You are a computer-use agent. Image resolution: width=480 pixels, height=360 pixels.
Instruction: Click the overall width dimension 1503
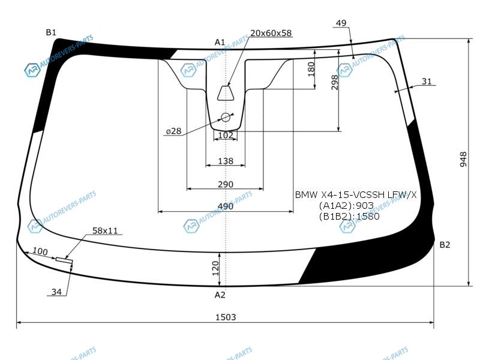tap(226, 317)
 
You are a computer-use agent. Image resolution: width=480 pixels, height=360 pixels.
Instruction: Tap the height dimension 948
tap(463, 159)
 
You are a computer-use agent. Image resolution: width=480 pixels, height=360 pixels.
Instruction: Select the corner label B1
tap(51, 32)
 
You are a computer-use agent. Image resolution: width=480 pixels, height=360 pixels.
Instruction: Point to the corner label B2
tap(445, 245)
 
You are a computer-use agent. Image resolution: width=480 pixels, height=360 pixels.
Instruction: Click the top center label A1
tap(220, 42)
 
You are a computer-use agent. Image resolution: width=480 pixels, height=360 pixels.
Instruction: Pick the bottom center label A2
tap(220, 295)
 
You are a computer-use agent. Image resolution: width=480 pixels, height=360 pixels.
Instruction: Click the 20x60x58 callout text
tap(271, 33)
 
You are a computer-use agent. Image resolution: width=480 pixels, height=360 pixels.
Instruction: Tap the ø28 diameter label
tap(174, 131)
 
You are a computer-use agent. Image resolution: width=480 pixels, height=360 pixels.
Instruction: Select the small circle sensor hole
tap(226, 117)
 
